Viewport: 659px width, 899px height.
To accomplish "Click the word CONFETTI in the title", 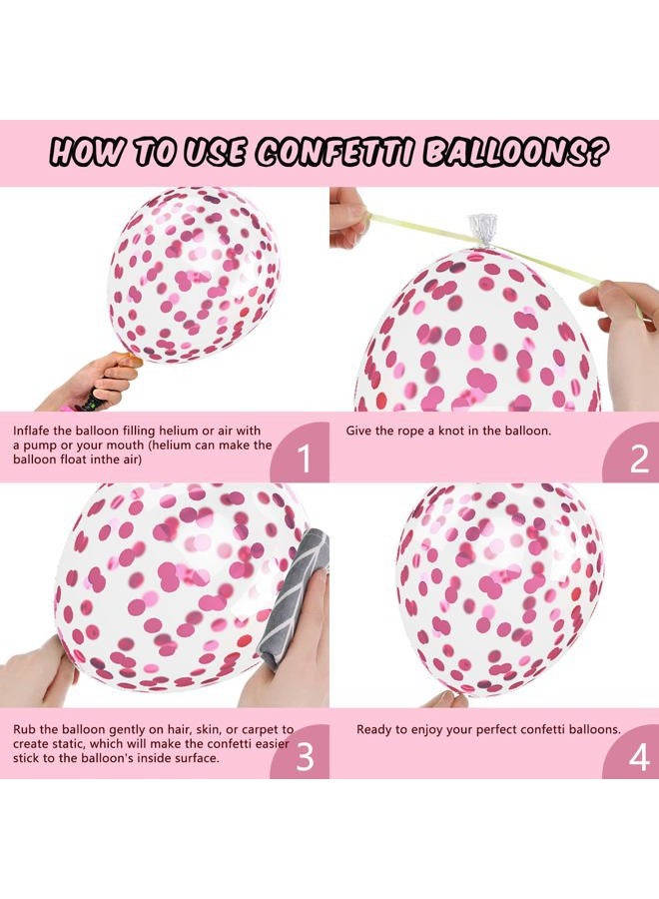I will tap(336, 153).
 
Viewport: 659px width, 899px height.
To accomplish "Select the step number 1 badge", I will tap(306, 459).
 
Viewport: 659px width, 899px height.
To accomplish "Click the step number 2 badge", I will tap(639, 459).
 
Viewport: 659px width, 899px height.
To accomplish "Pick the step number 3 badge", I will tap(306, 756).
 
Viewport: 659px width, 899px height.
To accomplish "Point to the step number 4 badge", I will tap(639, 756).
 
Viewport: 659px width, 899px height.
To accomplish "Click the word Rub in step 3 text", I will tap(25, 730).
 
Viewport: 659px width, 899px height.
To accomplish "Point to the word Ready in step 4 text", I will tap(376, 730).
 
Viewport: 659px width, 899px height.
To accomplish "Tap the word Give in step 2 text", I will tap(360, 431).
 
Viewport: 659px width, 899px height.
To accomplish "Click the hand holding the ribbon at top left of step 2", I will tap(346, 215).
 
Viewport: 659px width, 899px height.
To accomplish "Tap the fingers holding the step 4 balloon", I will tap(444, 698).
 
